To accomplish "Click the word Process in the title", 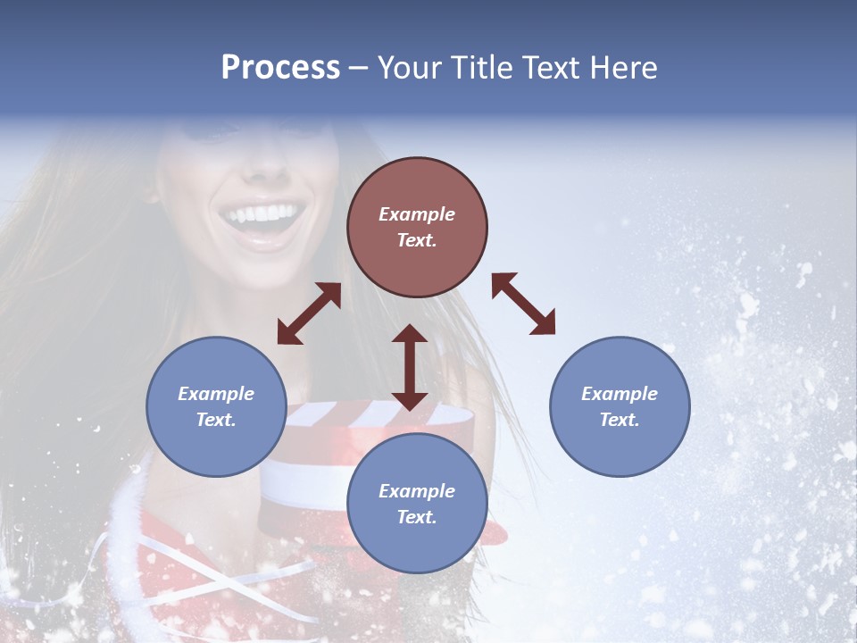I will coord(280,68).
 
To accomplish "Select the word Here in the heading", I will coord(624,68).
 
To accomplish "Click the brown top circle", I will coord(417,228).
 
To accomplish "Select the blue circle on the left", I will coord(216,406).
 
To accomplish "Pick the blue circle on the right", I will coord(620,406).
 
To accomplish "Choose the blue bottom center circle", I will coord(417,504).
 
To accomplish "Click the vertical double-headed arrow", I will coord(410,367).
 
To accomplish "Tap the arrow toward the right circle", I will coord(524,304).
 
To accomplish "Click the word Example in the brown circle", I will coord(417,214).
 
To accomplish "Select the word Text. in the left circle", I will coord(216,420).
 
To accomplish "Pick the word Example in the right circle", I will coord(620,394).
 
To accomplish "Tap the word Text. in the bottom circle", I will coord(417,517).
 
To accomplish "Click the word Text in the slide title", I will coord(548,68).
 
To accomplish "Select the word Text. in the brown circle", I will coord(417,241).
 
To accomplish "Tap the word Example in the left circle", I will coord(216,394).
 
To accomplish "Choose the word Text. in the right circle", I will coord(620,420).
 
